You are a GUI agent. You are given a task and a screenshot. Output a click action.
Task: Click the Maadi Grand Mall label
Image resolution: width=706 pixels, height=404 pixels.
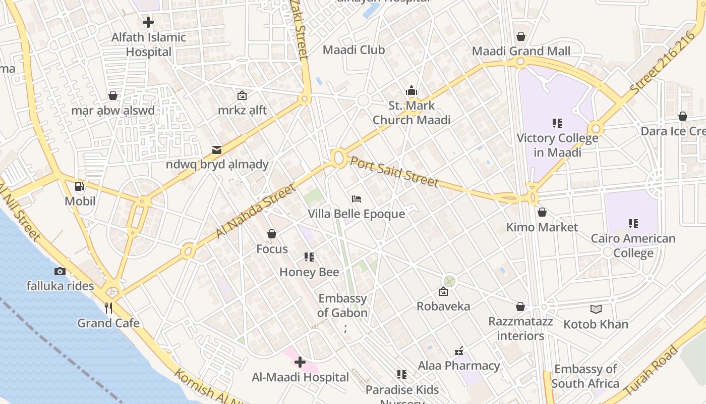point(521,51)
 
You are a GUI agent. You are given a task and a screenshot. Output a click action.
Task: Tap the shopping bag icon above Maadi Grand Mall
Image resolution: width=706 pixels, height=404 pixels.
point(521,36)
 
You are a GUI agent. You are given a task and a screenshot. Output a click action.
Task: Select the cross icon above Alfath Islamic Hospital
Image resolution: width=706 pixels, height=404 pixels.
point(148,22)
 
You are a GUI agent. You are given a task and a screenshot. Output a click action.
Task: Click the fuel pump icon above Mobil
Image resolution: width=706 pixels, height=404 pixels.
point(80,186)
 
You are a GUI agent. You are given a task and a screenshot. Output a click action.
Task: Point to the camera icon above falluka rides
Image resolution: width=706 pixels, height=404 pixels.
point(60,271)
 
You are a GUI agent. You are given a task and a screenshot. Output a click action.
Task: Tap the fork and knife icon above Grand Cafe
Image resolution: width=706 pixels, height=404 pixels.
point(108,308)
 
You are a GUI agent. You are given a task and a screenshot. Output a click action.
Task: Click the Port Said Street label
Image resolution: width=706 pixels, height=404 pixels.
point(394,172)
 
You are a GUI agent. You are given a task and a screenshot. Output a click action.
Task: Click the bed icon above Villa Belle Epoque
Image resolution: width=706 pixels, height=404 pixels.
point(357,199)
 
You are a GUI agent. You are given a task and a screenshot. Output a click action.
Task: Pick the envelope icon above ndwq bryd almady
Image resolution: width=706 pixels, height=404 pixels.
point(217,149)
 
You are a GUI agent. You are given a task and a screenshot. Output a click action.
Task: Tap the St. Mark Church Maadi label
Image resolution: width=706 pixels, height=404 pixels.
point(411,113)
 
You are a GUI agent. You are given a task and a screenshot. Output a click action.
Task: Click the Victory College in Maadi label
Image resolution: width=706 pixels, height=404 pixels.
point(557,145)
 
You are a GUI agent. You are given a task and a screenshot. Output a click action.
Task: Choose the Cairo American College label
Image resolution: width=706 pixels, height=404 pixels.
point(633,245)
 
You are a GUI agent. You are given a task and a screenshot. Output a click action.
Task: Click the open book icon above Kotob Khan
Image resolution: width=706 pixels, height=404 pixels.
point(596,309)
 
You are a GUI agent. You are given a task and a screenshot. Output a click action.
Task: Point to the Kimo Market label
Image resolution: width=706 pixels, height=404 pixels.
point(542,227)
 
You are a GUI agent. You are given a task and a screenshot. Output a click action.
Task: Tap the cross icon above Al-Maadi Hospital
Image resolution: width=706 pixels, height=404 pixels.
point(300,362)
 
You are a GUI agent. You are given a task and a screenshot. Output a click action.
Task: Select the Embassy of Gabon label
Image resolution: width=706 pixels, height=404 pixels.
point(343,306)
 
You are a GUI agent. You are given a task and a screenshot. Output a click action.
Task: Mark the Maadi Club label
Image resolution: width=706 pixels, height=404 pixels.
point(354,50)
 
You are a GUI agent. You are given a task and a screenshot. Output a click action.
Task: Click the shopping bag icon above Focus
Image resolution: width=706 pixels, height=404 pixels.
point(272,234)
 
